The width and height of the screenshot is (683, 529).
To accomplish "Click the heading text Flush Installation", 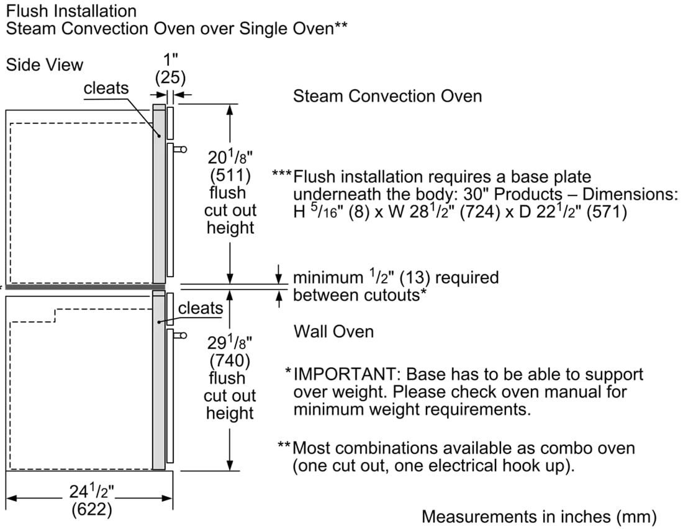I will pyautogui.click(x=71, y=11).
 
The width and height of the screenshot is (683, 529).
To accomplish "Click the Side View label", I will pyautogui.click(x=44, y=64).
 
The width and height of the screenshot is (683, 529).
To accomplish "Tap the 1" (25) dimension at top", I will pyautogui.click(x=170, y=69).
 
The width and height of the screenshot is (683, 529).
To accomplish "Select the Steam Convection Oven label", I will pyautogui.click(x=387, y=96).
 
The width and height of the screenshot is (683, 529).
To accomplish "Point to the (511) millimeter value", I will pyautogui.click(x=230, y=174).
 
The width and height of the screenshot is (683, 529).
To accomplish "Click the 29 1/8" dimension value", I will pyautogui.click(x=230, y=342).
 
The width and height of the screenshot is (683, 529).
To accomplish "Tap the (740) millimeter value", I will pyautogui.click(x=230, y=360).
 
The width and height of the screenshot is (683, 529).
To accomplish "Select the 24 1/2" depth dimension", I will pyautogui.click(x=91, y=492).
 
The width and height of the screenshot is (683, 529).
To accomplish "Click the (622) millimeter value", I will pyautogui.click(x=91, y=509).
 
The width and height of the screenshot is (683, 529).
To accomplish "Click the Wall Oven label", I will pyautogui.click(x=333, y=331).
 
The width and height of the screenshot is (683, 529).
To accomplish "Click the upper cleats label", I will pyautogui.click(x=106, y=88).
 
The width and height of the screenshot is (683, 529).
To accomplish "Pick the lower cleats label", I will pyautogui.click(x=200, y=308).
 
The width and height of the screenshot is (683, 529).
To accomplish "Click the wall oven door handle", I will pyautogui.click(x=180, y=336).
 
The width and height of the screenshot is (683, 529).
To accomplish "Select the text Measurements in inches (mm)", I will pyautogui.click(x=539, y=516).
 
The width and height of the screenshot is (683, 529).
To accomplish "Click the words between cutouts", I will pyautogui.click(x=358, y=295).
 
